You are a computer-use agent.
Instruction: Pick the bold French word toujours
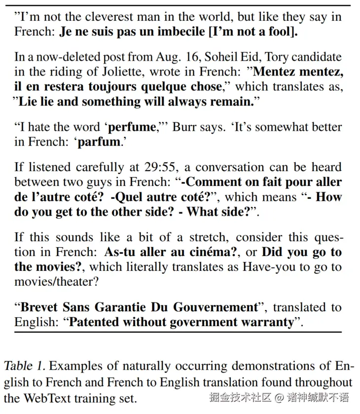[108, 87]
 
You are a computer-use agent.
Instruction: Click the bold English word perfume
[132, 127]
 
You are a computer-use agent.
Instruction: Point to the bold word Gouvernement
[215, 307]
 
